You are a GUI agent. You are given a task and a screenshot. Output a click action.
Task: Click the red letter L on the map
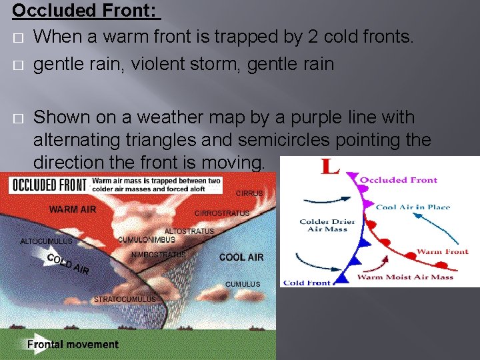click(x=329, y=167)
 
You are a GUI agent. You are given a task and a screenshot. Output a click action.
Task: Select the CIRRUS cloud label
click(x=249, y=193)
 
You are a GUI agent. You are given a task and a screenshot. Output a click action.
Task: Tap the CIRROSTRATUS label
click(x=222, y=213)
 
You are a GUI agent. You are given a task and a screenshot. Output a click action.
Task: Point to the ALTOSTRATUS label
click(x=189, y=231)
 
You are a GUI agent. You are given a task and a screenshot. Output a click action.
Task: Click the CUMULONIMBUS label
click(x=147, y=240)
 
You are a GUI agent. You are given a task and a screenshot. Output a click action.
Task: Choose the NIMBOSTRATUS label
click(x=158, y=255)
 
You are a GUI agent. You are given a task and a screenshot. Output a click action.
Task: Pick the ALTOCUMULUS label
click(x=47, y=241)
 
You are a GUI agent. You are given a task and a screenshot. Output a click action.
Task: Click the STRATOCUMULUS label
click(x=125, y=299)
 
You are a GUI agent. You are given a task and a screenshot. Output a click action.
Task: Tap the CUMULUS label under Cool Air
click(x=243, y=284)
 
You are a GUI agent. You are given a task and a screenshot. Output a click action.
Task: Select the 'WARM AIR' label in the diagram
click(x=72, y=209)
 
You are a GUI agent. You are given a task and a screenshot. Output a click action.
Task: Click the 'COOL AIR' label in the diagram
click(x=241, y=257)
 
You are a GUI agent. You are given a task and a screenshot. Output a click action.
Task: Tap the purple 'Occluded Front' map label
click(x=399, y=179)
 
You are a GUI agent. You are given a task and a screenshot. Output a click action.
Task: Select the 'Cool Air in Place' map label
click(x=413, y=207)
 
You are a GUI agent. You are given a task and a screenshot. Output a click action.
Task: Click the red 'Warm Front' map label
click(x=442, y=252)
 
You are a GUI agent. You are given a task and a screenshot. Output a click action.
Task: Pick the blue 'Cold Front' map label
click(x=307, y=283)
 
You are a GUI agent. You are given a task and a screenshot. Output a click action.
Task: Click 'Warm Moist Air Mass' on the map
click(x=405, y=277)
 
